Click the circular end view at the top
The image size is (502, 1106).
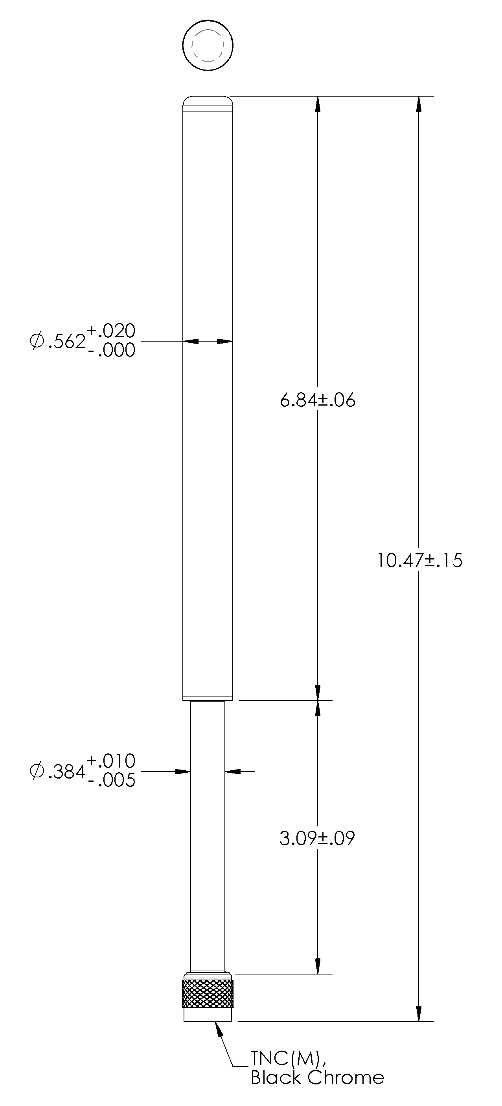pos(208,45)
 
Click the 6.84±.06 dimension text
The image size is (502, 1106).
pos(318,400)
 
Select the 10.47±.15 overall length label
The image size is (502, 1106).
pos(419,560)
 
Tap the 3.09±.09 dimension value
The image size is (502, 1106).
pos(317,838)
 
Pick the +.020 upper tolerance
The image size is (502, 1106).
pos(111,331)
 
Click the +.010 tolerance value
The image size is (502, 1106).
pos(111,761)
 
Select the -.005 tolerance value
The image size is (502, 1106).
pos(111,781)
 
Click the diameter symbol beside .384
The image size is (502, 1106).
pos(37,772)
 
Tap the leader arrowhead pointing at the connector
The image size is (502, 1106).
pos(219,1029)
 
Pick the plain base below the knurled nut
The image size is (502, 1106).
pos(208,1015)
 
